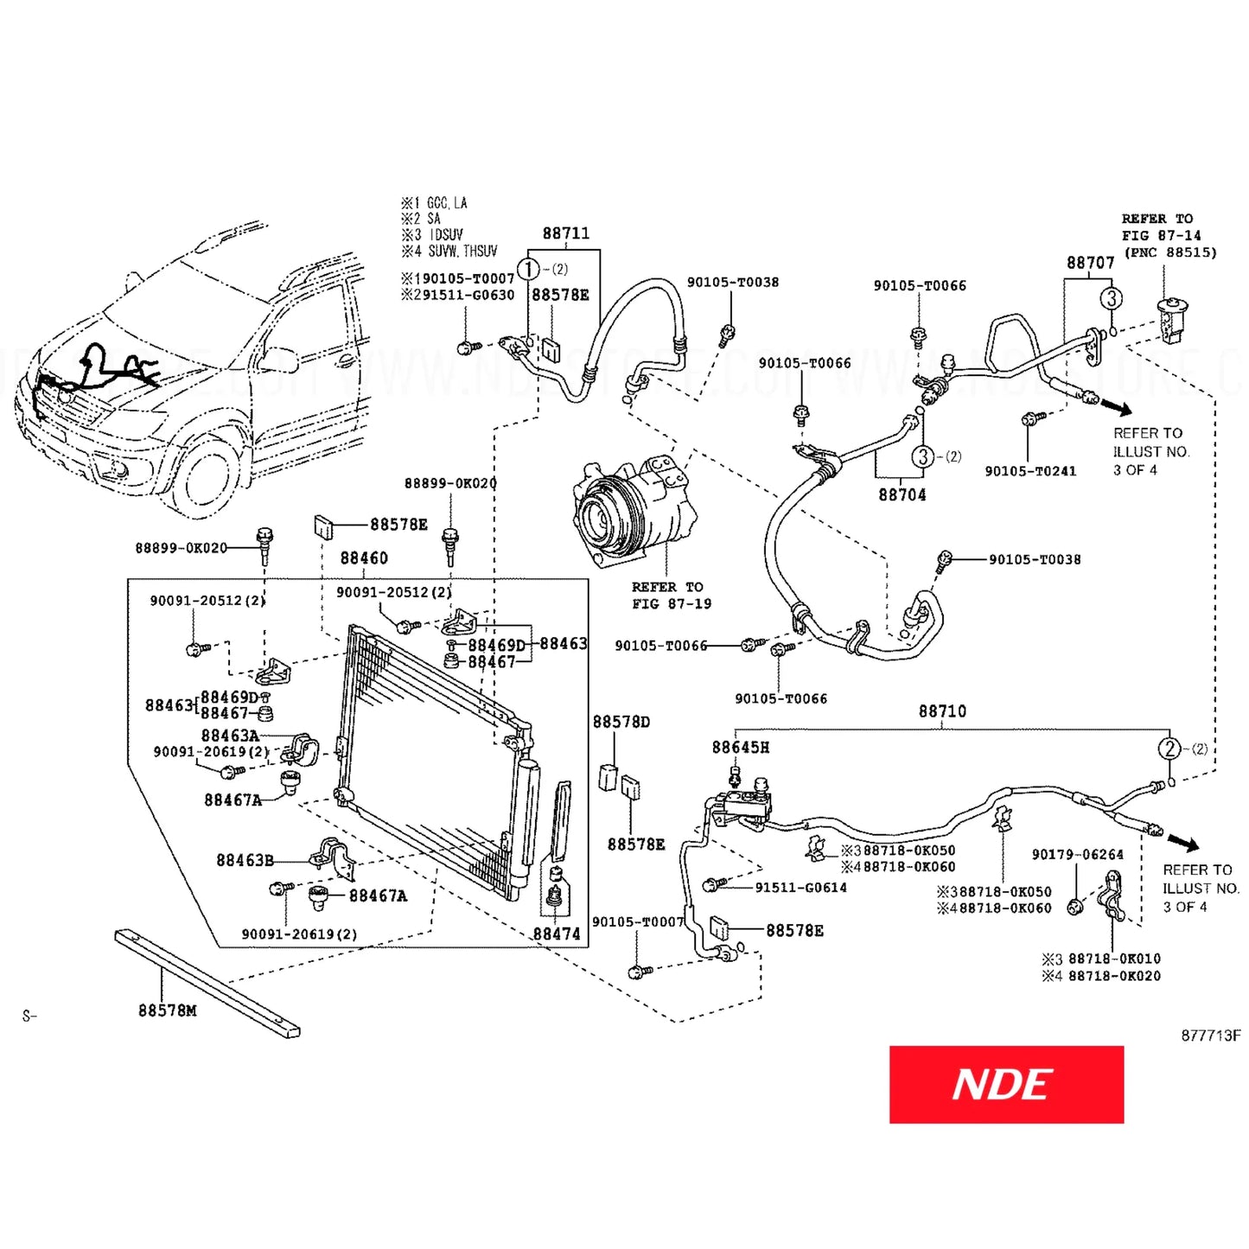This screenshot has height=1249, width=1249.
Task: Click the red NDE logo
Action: [x=1006, y=1084]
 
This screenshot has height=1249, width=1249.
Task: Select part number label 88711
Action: [x=566, y=233]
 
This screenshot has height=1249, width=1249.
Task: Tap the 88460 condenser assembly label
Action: [x=364, y=558]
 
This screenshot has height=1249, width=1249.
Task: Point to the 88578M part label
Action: [x=168, y=1010]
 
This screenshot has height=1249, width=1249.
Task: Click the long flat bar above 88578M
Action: [x=207, y=983]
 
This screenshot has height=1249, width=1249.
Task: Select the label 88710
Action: [x=942, y=711]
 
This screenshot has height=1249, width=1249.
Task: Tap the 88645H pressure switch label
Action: [x=741, y=748]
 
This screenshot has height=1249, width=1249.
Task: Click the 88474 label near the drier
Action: [x=557, y=934]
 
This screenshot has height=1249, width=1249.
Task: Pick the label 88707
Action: [x=1090, y=263]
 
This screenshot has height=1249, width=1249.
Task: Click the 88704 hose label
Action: [x=902, y=495]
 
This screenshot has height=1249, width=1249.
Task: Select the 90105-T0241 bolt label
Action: [x=1030, y=471]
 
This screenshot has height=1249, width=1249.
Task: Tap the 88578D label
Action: [x=621, y=722]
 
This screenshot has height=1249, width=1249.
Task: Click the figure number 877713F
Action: [x=1210, y=1036]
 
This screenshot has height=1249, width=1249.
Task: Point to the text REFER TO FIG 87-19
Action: [x=671, y=596]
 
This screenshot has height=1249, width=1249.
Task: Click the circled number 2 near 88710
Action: [x=1169, y=749]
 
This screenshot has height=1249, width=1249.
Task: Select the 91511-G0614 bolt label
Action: [x=800, y=888]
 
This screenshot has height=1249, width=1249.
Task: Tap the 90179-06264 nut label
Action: [x=1078, y=855]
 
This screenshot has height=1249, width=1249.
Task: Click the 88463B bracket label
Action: [x=245, y=861]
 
